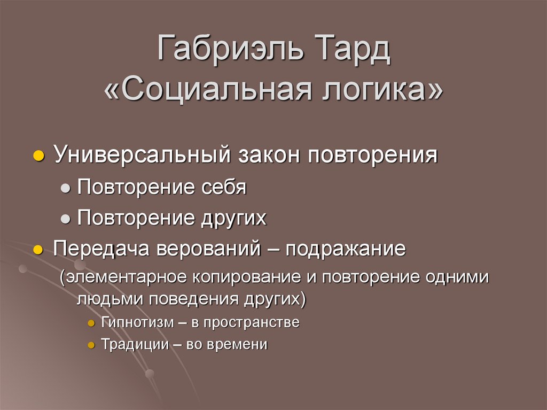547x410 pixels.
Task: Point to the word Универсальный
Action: pos(142,156)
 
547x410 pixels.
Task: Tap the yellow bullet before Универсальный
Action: pos(37,156)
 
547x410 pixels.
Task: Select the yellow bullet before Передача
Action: pos(37,250)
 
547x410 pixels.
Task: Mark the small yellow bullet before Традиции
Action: pos(91,345)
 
